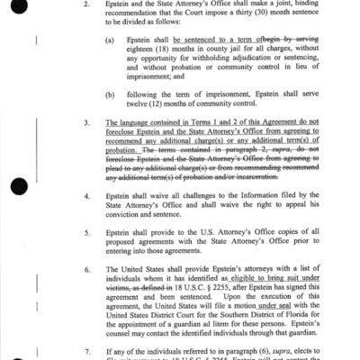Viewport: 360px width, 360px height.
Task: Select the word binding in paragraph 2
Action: (x=310, y=4)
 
